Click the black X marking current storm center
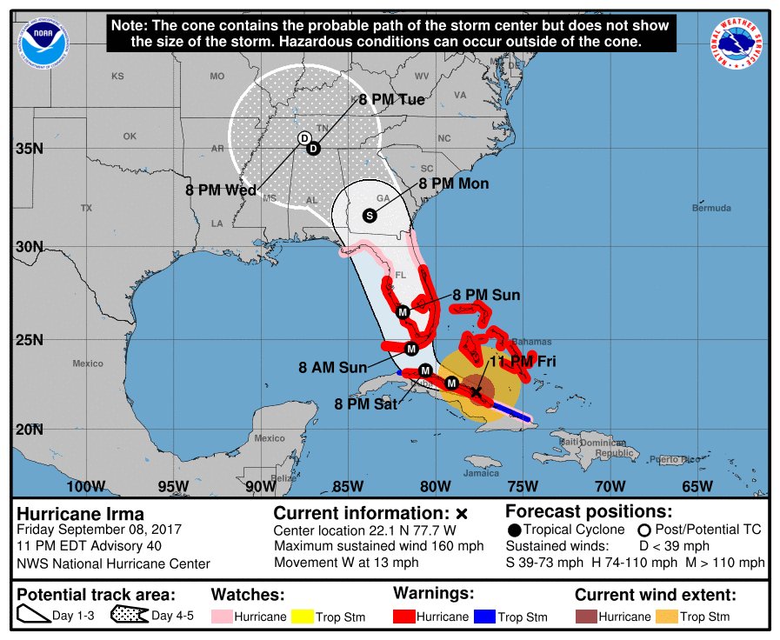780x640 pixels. (x=476, y=392)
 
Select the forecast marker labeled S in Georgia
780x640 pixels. (x=369, y=215)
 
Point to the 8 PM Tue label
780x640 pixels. (x=391, y=100)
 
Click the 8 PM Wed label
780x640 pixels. (x=221, y=190)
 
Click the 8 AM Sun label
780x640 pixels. (x=333, y=368)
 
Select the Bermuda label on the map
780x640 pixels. (x=711, y=209)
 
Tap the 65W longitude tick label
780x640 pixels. (x=697, y=485)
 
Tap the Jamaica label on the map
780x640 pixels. (x=481, y=473)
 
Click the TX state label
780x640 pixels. (x=86, y=209)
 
